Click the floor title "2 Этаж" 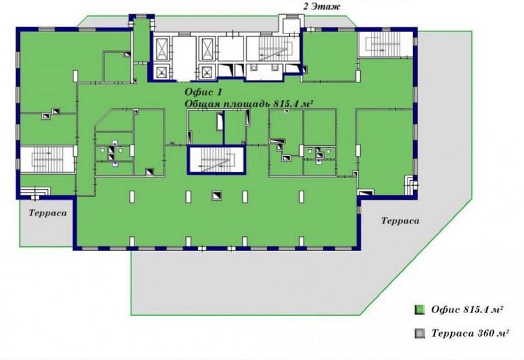point(322,7)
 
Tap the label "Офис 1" point(203,92)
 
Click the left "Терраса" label point(48,213)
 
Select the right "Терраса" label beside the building point(400,221)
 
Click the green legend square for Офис point(420,310)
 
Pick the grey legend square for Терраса point(420,333)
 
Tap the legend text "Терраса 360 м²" point(470,333)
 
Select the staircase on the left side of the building point(47,159)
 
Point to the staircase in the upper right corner point(385,44)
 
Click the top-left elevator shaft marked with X point(162,49)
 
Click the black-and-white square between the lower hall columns point(217,195)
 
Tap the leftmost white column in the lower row point(132,197)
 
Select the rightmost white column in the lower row point(301,197)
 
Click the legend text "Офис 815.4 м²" point(467,310)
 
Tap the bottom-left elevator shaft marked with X point(162,72)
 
